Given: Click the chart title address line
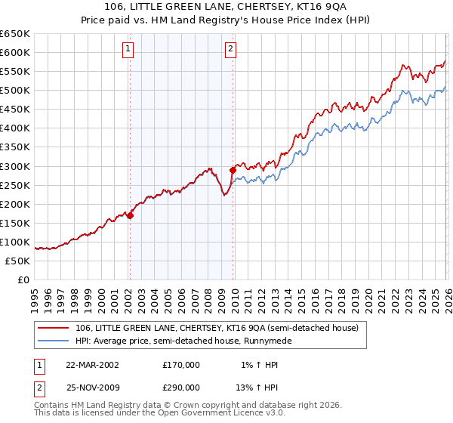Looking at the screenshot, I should (x=226, y=7).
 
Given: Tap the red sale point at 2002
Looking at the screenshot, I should (x=130, y=215).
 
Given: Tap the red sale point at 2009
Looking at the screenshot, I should (x=232, y=170).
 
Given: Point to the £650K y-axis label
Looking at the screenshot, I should (x=15, y=34).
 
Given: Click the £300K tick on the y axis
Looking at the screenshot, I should (x=15, y=166).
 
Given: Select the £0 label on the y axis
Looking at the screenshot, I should (x=24, y=279).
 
